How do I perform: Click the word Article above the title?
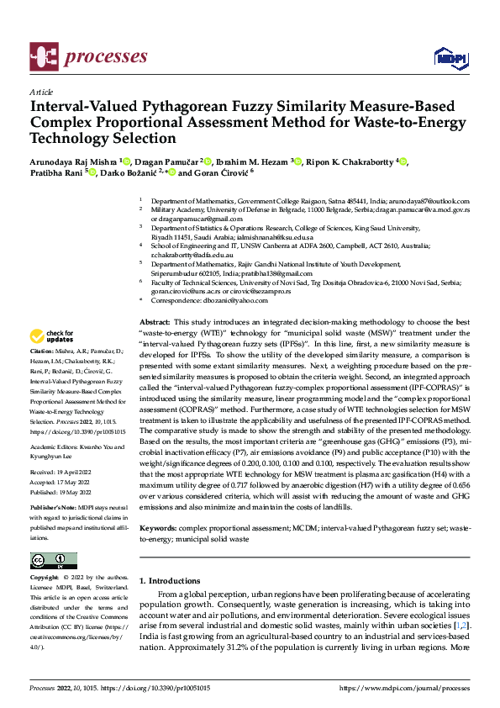[x=40, y=92]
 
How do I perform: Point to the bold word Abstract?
[x=154, y=322]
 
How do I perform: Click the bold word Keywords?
[x=159, y=528]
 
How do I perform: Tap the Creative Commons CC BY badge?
[x=53, y=560]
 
